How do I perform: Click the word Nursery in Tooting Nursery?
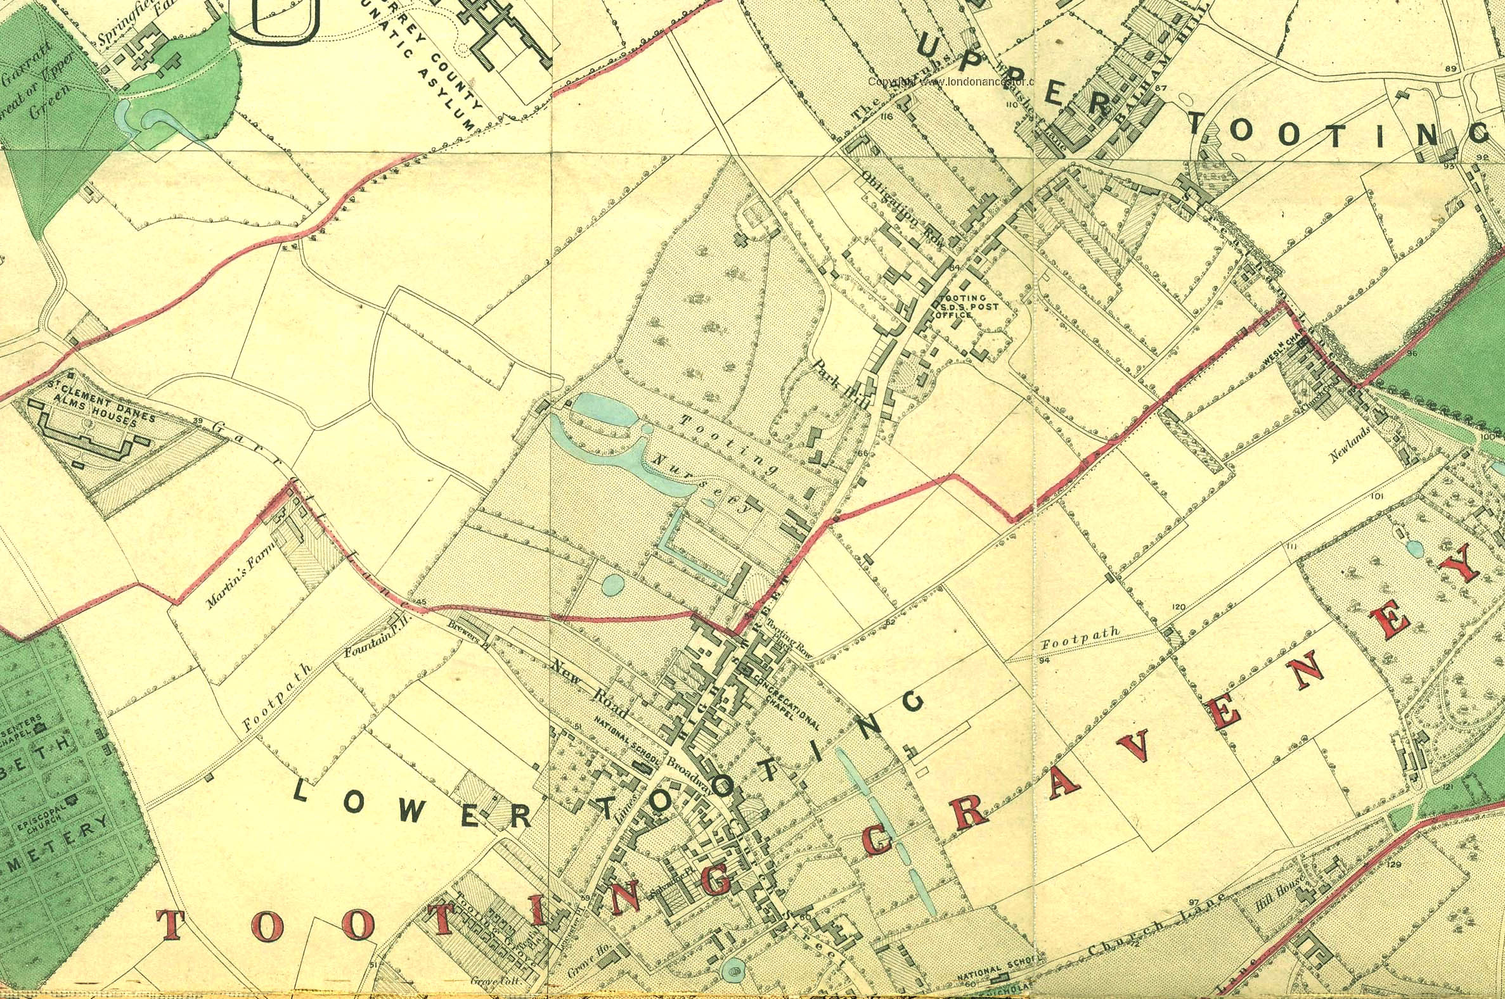point(704,483)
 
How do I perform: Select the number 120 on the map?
point(1178,607)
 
